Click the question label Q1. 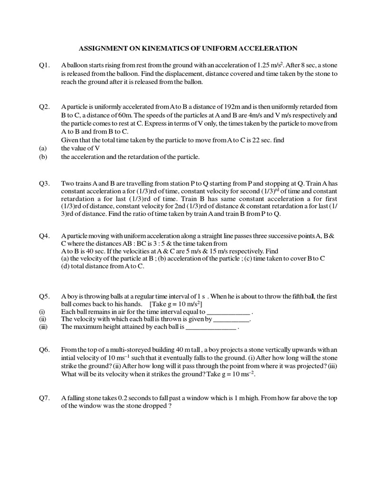45,65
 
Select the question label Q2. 45,107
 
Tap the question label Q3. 45,183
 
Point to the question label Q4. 45,235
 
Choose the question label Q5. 45,296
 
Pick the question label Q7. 45,398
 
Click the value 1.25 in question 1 264,65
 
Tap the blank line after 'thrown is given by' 231,320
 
